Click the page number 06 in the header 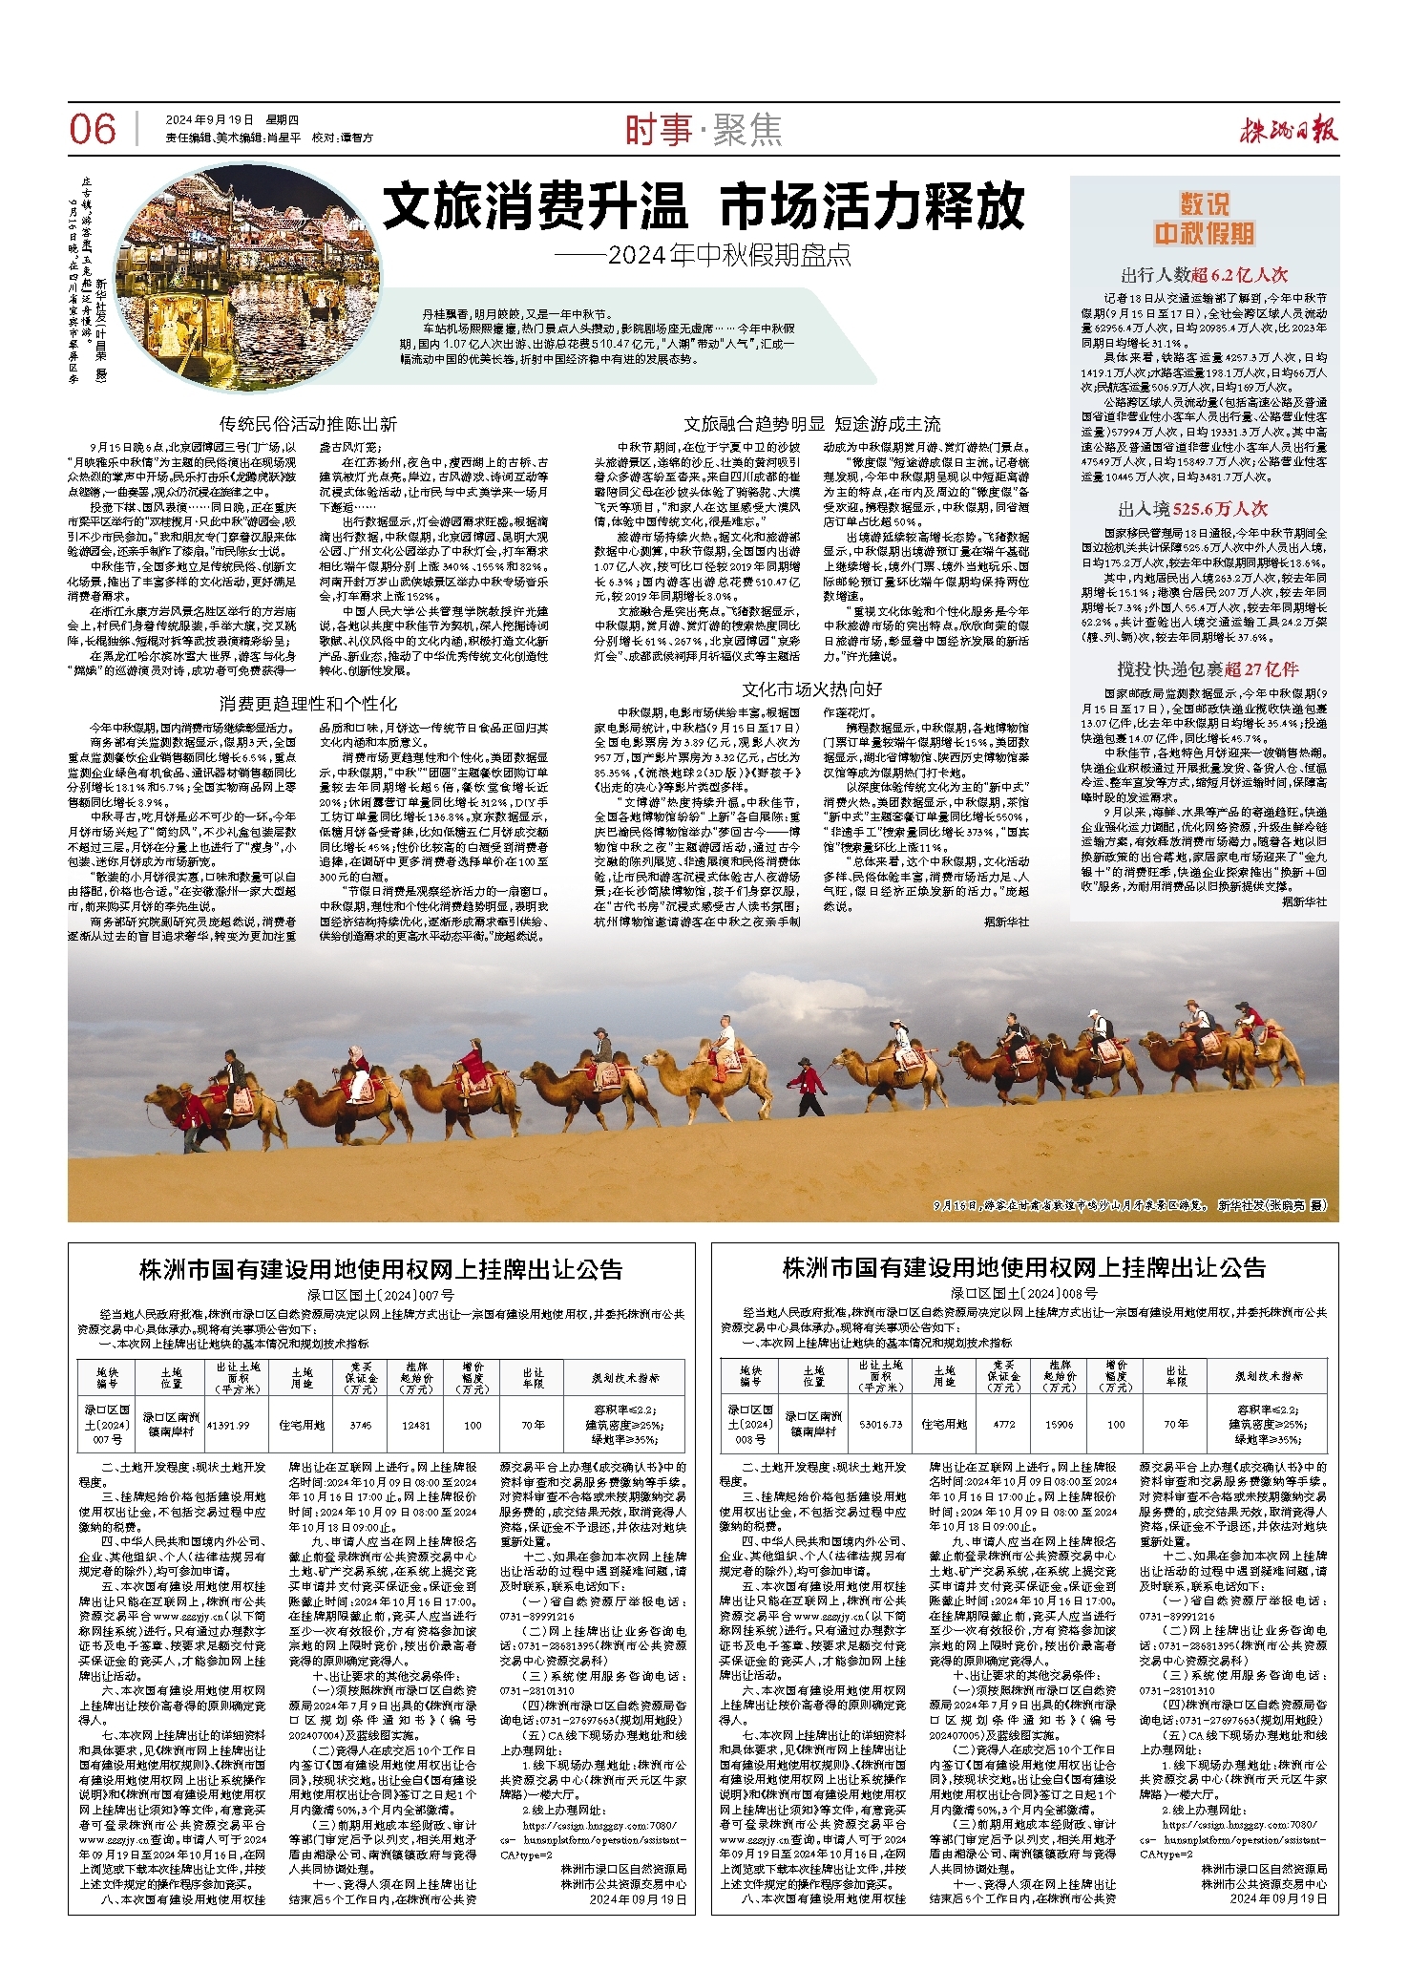[x=93, y=130]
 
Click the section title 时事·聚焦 [x=704, y=130]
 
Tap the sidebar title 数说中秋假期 [x=1204, y=219]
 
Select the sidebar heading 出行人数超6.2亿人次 [x=1204, y=275]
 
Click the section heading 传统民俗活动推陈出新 [x=307, y=423]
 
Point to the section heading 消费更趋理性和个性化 [x=307, y=703]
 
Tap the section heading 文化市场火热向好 [x=811, y=689]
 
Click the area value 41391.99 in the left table [x=227, y=1424]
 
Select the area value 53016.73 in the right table [x=880, y=1424]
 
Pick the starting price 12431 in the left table [x=415, y=1424]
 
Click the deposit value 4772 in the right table [x=1004, y=1424]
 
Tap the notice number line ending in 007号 [x=380, y=1295]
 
